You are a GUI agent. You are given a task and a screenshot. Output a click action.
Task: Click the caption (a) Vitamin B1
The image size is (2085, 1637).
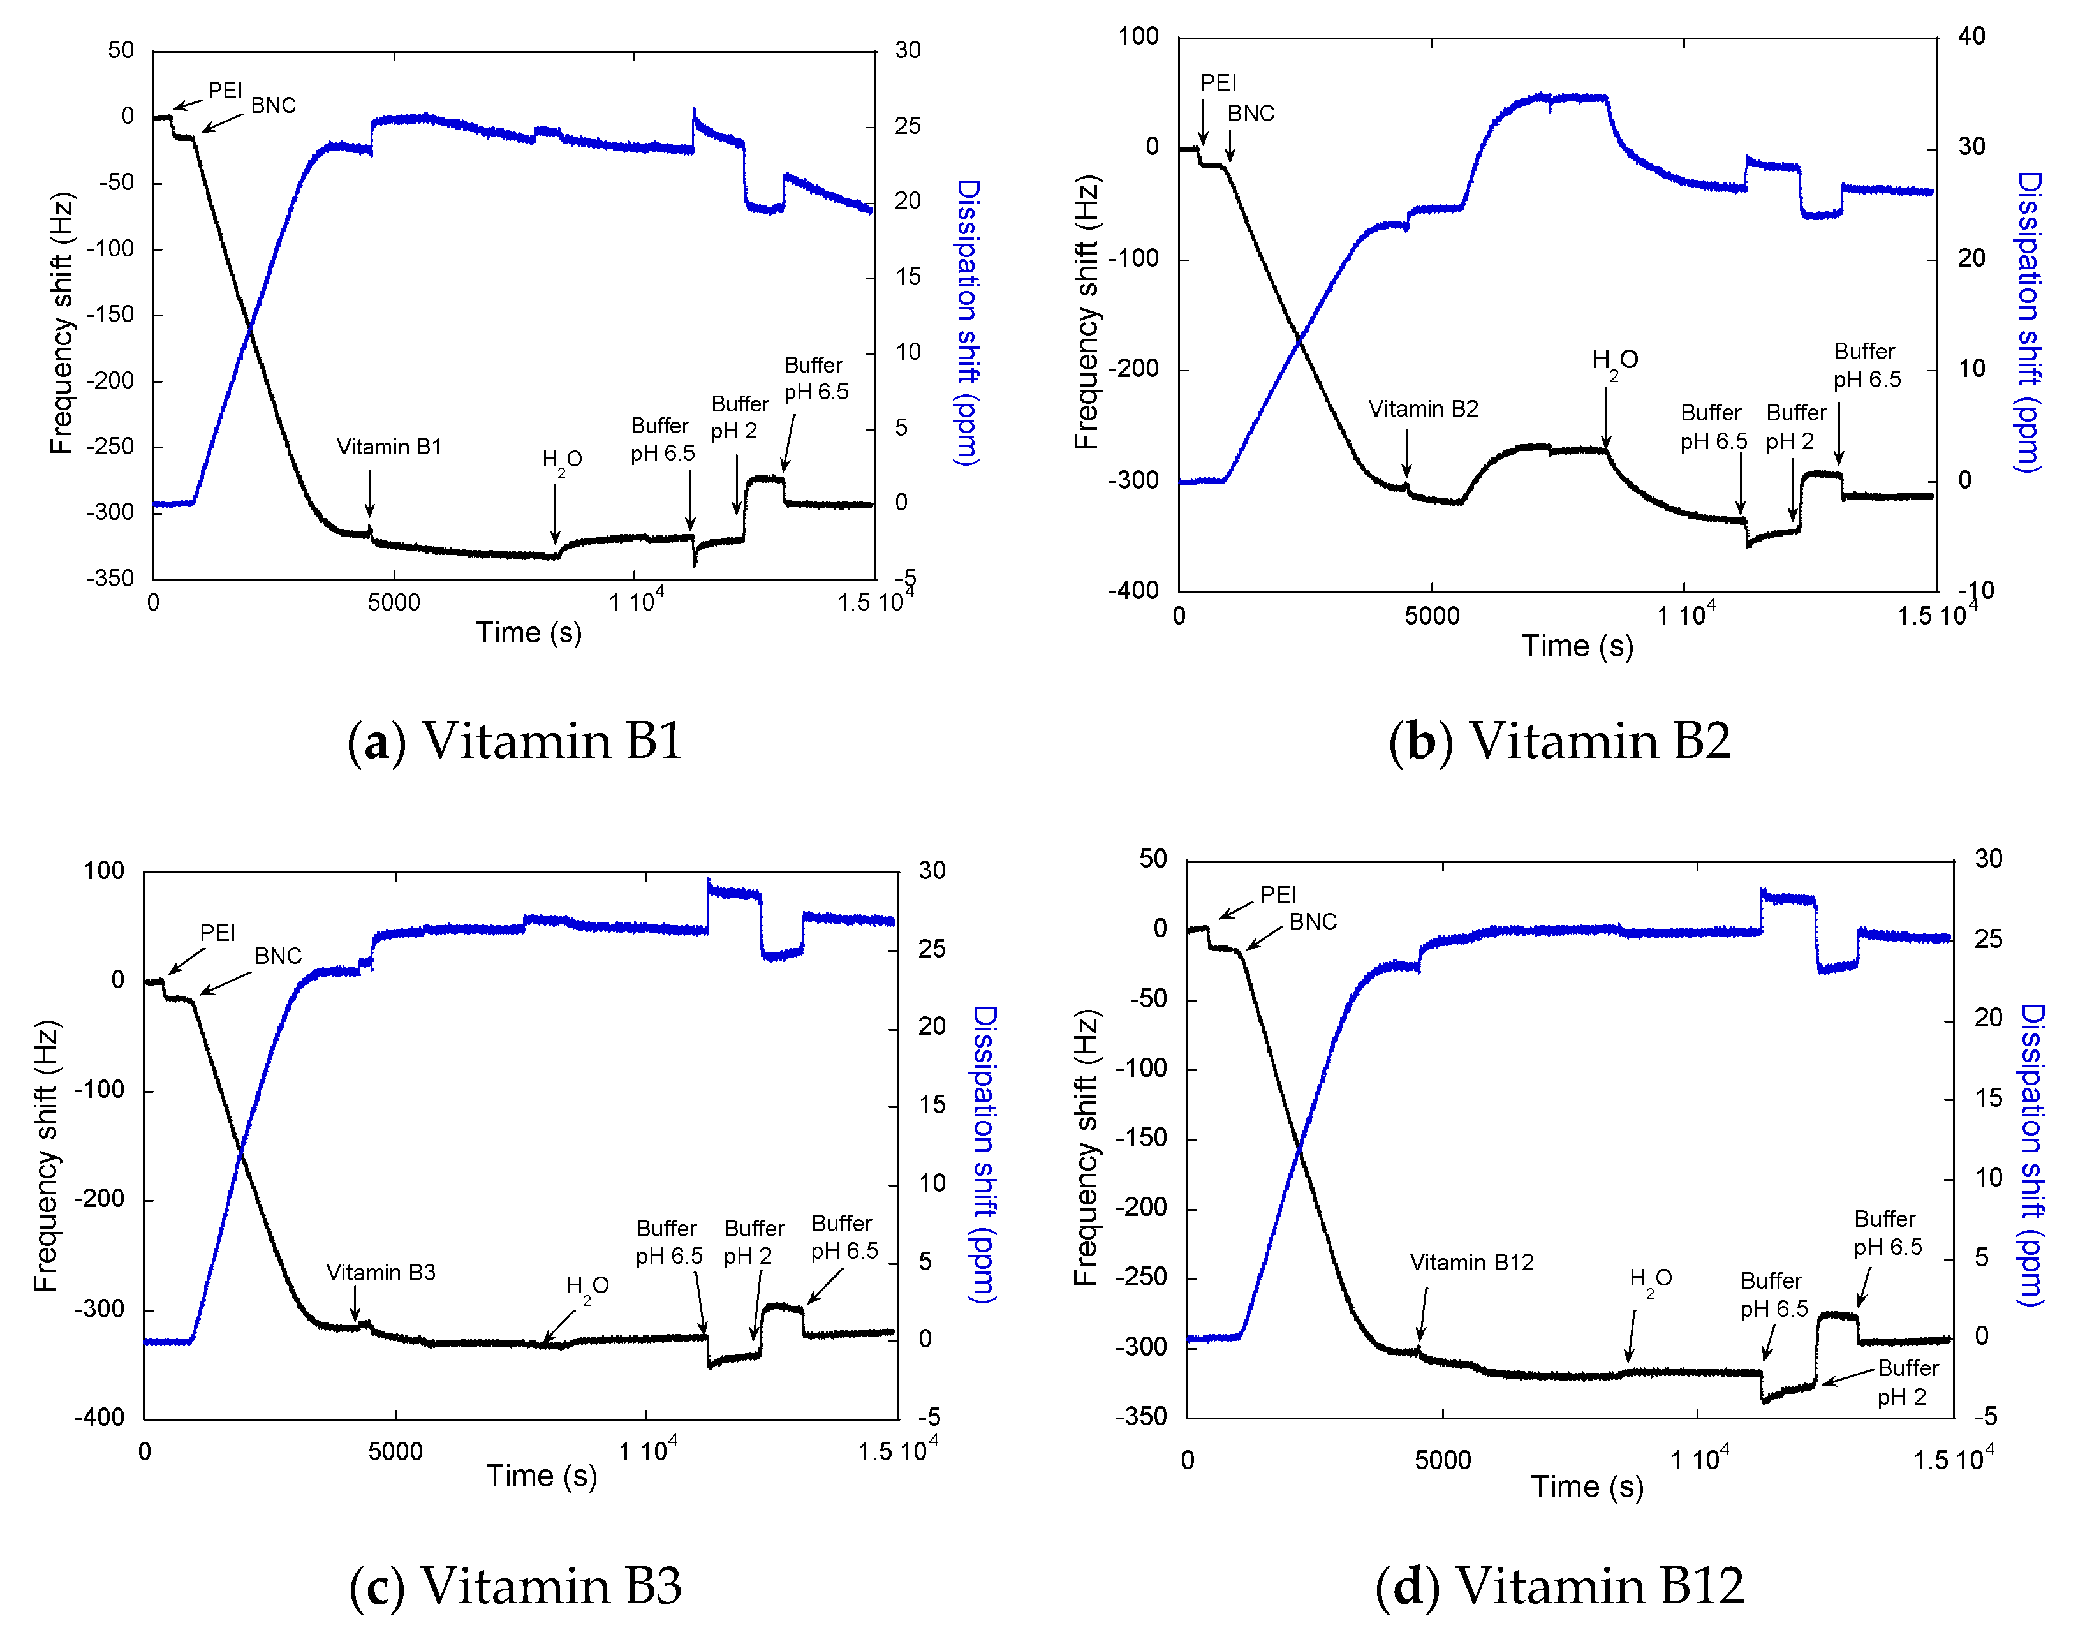pos(515,741)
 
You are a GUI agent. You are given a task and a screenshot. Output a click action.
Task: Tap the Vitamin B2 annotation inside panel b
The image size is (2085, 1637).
pos(1423,410)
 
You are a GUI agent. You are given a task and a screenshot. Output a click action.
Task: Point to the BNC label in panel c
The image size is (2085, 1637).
pos(278,956)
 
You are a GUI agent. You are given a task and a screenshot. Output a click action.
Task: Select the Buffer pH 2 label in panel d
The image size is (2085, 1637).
pos(1907,1382)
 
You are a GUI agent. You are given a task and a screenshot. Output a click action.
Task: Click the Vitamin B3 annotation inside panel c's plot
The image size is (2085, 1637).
pos(380,1272)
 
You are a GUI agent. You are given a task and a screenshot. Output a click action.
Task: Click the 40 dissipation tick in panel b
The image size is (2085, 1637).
pos(1971,36)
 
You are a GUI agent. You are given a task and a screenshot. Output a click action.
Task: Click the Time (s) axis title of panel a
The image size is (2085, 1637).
pos(529,633)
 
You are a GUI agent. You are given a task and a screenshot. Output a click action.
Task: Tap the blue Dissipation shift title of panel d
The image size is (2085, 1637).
pos(2031,1154)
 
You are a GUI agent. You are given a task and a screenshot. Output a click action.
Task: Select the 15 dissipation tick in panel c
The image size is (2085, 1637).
pos(931,1104)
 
